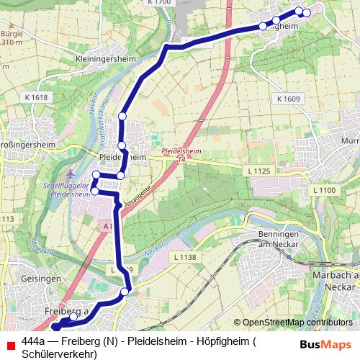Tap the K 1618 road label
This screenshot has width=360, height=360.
coord(35,97)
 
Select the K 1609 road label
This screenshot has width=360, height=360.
coord(287,98)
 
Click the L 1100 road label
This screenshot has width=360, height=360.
coord(324,189)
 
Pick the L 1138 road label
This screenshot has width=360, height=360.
coord(184,257)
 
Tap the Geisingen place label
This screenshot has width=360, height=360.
coord(22,279)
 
